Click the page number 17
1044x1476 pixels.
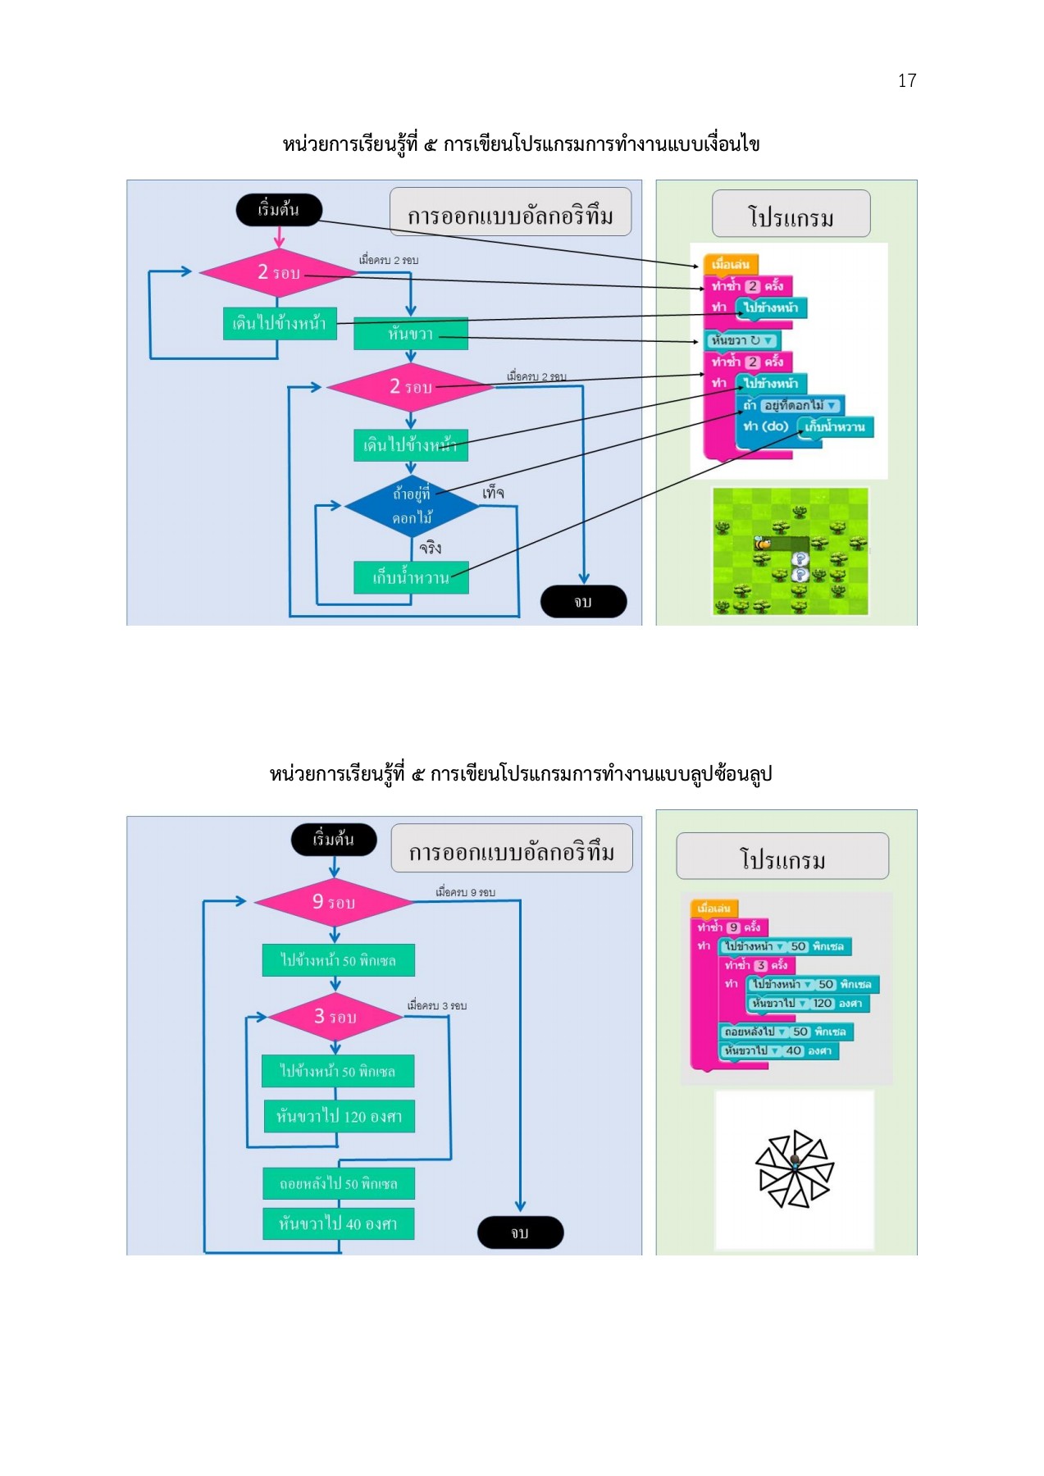[906, 80]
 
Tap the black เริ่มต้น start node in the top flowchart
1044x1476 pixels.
[279, 209]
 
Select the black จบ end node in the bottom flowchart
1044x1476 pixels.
[520, 1232]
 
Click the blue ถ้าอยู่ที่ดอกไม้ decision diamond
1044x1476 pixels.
[412, 506]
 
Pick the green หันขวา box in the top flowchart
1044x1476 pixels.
[411, 334]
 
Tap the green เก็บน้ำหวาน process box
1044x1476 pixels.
[411, 577]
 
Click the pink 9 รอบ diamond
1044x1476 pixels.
[334, 902]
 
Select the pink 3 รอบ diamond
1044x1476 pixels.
[335, 1017]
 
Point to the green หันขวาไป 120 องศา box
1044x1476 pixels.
[339, 1116]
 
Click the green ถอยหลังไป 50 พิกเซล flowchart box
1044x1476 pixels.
[339, 1183]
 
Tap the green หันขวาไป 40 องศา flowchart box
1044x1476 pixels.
[338, 1223]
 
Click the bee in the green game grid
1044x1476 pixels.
[763, 543]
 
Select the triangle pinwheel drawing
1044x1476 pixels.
[794, 1169]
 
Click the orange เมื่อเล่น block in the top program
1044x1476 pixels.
[730, 264]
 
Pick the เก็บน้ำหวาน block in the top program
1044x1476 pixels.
[835, 427]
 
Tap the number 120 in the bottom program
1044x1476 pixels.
[823, 1003]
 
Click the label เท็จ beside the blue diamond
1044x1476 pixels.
[493, 493]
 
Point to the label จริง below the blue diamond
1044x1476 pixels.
[430, 548]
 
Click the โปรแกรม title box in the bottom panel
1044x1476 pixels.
[782, 857]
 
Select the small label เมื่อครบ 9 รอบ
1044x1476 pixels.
[465, 892]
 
